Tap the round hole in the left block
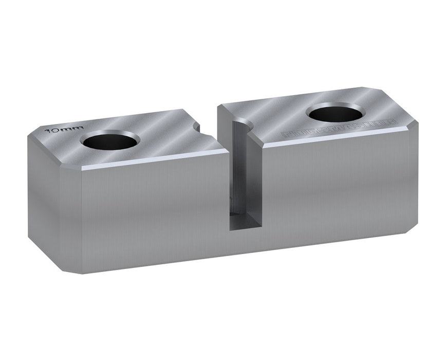point(111,140)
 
